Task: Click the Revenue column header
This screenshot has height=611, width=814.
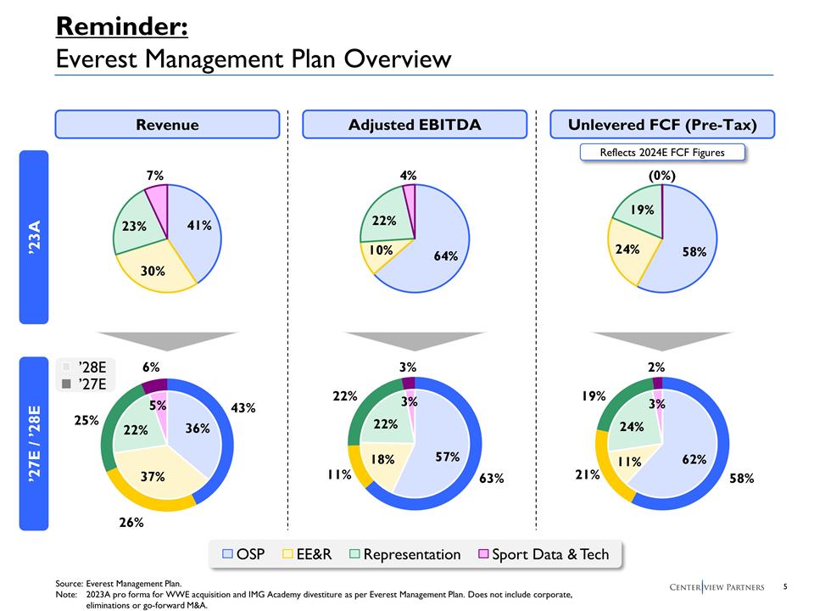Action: (x=167, y=125)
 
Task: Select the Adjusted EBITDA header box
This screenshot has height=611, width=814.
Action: (x=415, y=125)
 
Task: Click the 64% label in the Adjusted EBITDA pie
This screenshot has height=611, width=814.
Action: (x=445, y=255)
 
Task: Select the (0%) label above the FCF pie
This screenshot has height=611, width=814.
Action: (x=662, y=176)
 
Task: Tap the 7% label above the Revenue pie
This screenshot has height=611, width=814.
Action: (x=154, y=176)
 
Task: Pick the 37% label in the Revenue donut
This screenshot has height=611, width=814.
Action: (x=153, y=476)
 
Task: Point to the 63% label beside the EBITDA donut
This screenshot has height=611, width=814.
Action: (x=491, y=479)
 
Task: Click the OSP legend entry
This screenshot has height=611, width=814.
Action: (x=243, y=554)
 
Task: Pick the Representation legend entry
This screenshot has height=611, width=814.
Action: (x=405, y=554)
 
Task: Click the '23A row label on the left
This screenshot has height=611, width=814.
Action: (x=35, y=237)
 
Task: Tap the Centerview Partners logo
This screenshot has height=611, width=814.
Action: (x=716, y=587)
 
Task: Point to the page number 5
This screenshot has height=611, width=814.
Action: (x=785, y=586)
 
